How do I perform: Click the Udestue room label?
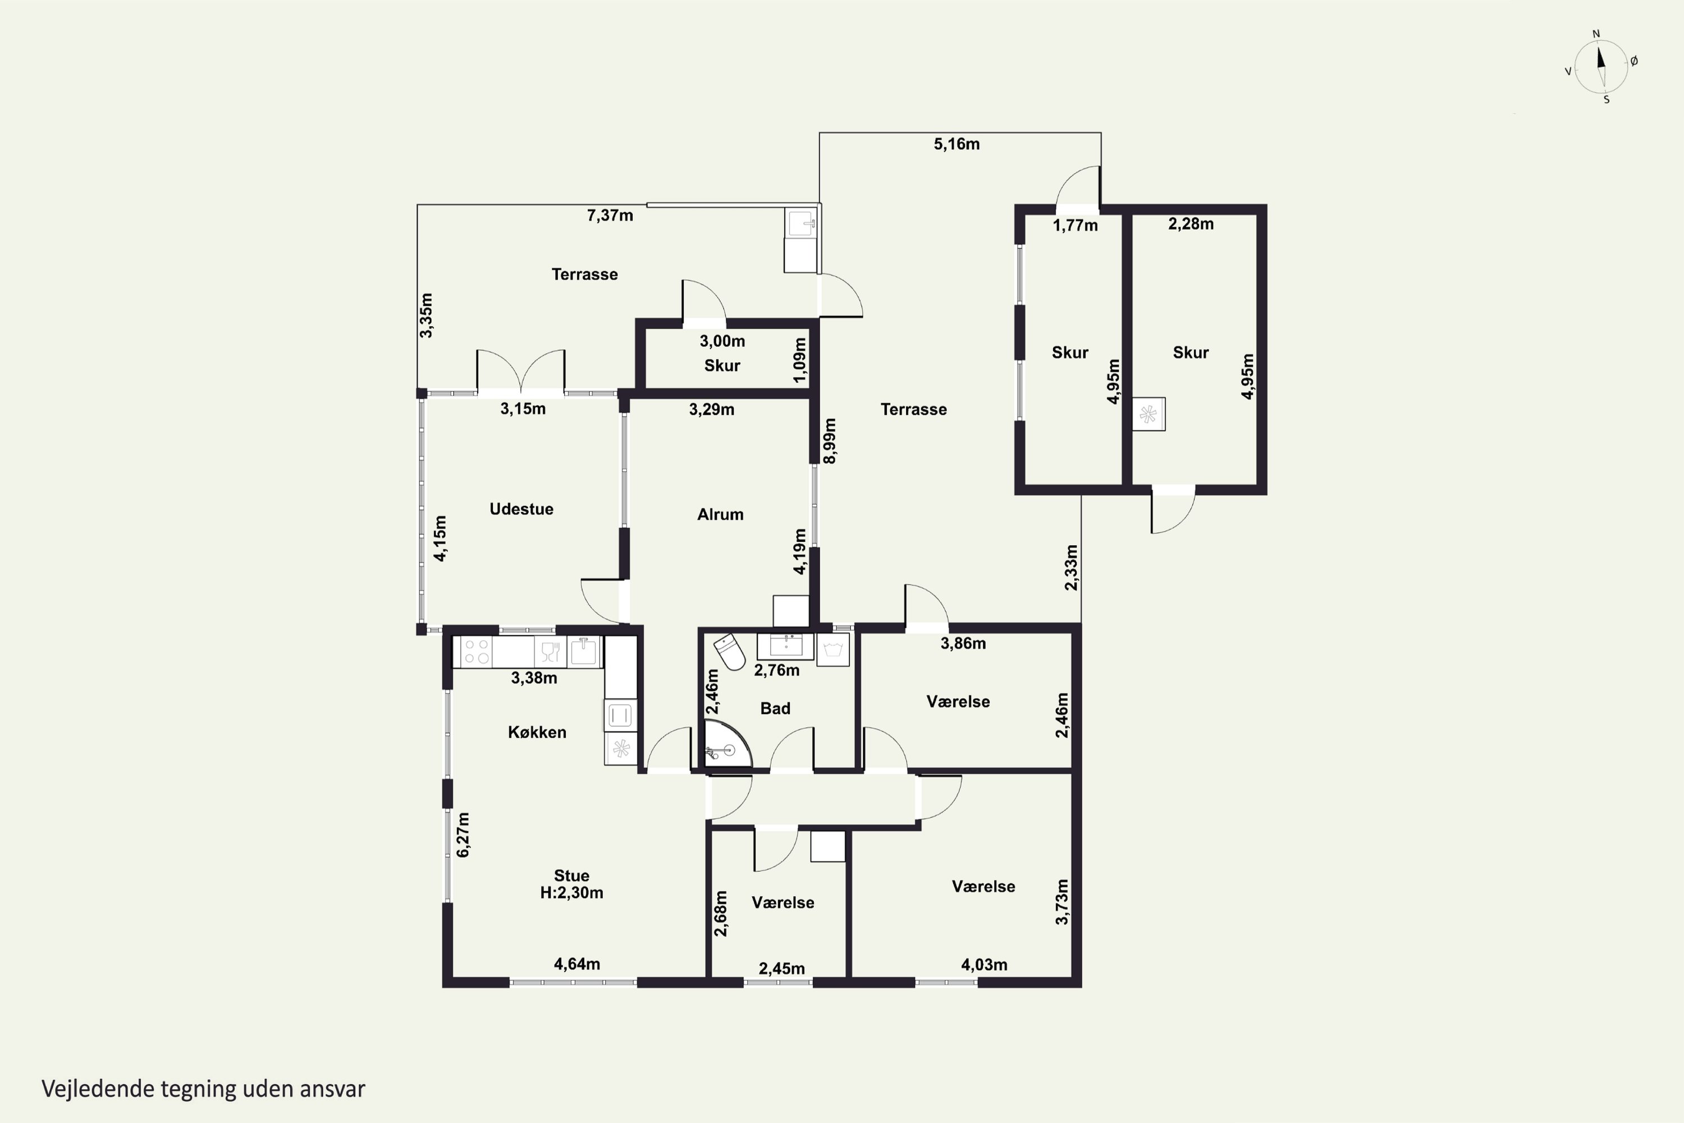[521, 509]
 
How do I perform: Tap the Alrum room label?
[720, 514]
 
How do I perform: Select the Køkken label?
[537, 732]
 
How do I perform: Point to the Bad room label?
[775, 708]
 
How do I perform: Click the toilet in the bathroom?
[730, 651]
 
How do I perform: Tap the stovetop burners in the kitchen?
[476, 652]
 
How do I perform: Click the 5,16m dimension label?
[957, 144]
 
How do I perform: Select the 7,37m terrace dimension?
[610, 216]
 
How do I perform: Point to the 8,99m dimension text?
[830, 441]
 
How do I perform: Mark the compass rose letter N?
[1596, 34]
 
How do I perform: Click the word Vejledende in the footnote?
[98, 1089]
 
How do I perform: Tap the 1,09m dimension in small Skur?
[800, 360]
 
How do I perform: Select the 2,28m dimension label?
[1191, 224]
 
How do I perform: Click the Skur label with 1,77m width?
[1070, 353]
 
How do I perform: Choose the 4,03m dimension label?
[984, 965]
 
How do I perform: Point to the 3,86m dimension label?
[963, 643]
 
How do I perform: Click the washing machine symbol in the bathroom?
[832, 650]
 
